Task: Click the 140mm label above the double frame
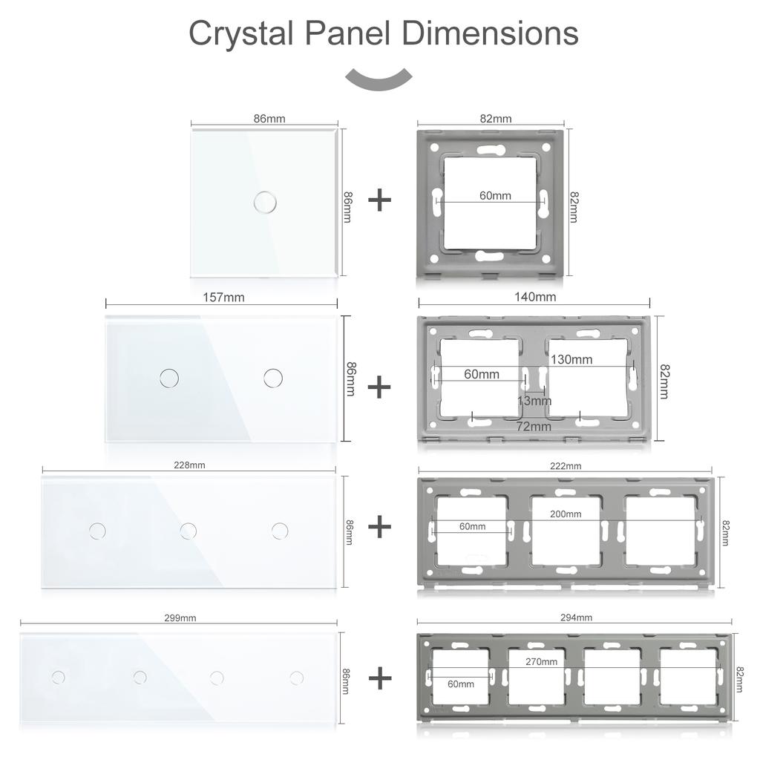535,297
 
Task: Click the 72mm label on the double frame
534,426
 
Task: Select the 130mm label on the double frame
571,359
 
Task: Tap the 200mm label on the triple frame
565,514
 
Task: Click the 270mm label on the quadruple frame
541,661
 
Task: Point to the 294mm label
576,617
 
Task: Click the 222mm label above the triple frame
566,465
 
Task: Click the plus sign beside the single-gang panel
379,200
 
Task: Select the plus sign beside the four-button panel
379,678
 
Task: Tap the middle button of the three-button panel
189,530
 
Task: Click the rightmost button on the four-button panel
297,677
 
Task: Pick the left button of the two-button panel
169,378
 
